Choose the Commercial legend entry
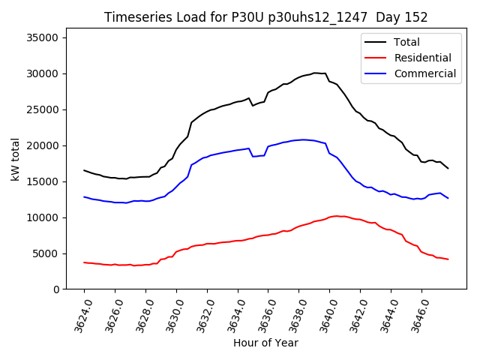(x=424, y=73)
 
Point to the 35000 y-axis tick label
(x=49, y=37)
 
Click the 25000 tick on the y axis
(x=49, y=109)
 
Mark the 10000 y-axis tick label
(x=49, y=217)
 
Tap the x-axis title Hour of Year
(x=265, y=343)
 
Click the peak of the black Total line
(x=316, y=73)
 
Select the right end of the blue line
(x=448, y=198)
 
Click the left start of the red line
(x=84, y=262)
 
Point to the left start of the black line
(x=84, y=170)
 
